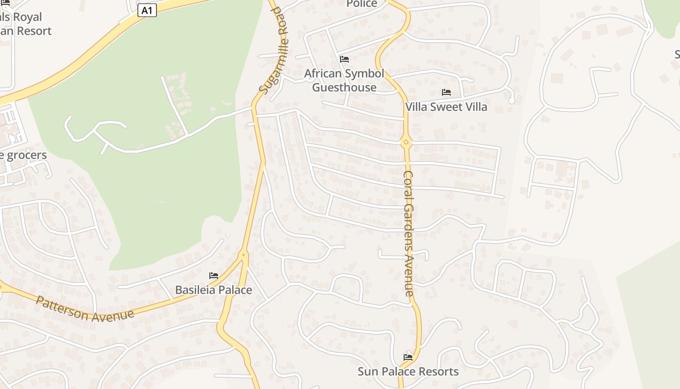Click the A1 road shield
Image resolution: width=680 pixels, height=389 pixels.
pos(147,10)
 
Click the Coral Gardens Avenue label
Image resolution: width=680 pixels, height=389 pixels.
pos(409,233)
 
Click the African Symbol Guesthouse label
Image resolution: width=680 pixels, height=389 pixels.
pos(344,81)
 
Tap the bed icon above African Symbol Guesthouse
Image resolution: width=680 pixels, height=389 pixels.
pos(344,59)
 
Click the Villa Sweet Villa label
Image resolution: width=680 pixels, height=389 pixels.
pos(446,107)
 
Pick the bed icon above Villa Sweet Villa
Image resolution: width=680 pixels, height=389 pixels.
pos(446,92)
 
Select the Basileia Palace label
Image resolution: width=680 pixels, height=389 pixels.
pos(213,290)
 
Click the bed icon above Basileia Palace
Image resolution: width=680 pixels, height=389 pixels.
pos(213,276)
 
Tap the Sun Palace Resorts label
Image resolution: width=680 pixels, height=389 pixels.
pos(408,372)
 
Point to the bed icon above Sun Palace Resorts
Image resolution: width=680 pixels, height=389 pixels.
pos(408,357)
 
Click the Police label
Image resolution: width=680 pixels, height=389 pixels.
pos(361,4)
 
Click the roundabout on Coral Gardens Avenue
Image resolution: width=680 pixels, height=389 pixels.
pos(407,142)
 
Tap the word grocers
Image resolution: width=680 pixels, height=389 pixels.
pos(27,156)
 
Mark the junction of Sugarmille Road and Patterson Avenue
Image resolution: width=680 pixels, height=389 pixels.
pos(244,254)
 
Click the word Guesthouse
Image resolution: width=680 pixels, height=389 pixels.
pos(344,88)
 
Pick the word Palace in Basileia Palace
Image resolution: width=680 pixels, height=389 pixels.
pos(234,290)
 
